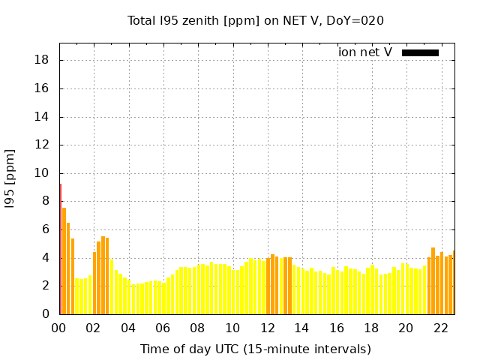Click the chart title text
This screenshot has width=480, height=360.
[255, 21]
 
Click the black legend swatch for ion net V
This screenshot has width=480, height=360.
[420, 52]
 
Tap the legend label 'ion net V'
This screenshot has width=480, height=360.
[365, 52]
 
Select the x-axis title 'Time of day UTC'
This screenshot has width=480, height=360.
[255, 349]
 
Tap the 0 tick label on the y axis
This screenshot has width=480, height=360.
[46, 314]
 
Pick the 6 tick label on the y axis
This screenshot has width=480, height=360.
[46, 229]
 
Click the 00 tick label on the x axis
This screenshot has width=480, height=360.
[59, 328]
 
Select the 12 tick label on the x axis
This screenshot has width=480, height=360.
[268, 328]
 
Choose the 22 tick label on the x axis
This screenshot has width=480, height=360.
[441, 328]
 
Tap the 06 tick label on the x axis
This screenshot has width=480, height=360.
[163, 328]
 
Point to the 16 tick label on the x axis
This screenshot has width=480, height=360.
[337, 328]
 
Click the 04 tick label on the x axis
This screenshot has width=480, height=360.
[128, 328]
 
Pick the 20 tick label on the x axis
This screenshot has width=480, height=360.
[406, 328]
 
